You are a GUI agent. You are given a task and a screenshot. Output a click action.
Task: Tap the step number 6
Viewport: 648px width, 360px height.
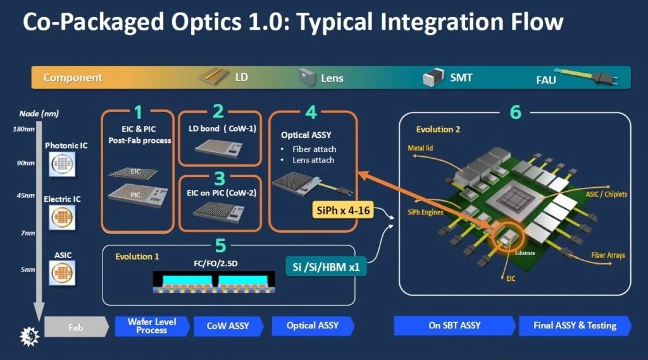pyautogui.click(x=515, y=113)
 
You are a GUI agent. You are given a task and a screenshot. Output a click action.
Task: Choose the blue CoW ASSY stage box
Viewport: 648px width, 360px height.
pyautogui.click(x=228, y=326)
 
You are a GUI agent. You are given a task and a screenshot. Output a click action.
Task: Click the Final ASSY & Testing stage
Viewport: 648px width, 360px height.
pyautogui.click(x=575, y=326)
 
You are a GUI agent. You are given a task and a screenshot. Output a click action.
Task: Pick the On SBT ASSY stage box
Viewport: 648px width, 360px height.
pyautogui.click(x=454, y=326)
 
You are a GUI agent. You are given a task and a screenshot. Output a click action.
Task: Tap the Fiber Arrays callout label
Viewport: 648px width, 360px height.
pyautogui.click(x=608, y=255)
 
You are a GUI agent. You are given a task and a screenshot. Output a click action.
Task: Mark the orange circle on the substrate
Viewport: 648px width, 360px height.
pyautogui.click(x=506, y=237)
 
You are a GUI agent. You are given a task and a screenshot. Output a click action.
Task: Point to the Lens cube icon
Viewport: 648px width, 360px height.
pyautogui.click(x=308, y=77)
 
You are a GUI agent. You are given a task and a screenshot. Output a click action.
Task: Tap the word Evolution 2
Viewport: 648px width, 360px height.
pyautogui.click(x=438, y=130)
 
